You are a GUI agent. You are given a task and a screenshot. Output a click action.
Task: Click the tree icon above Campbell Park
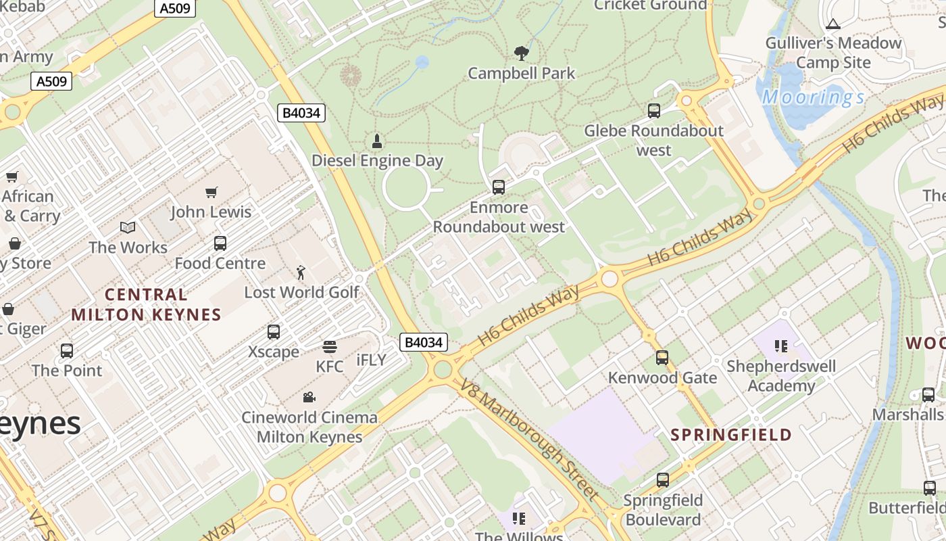click(521, 52)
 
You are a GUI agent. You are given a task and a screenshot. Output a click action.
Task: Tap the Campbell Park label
click(521, 73)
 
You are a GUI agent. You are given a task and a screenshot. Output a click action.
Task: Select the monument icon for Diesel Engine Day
click(377, 141)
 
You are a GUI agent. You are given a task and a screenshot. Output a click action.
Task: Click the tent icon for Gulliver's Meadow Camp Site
click(832, 24)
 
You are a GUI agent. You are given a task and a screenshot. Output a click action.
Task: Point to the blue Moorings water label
click(814, 97)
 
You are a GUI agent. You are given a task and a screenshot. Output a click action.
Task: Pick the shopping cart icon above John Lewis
click(211, 193)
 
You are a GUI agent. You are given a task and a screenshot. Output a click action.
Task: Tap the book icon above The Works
click(128, 228)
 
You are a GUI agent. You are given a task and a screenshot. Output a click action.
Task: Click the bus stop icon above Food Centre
click(220, 243)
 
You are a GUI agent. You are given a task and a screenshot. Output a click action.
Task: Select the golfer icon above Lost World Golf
click(301, 273)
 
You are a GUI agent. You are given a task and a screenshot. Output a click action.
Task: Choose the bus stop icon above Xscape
click(274, 332)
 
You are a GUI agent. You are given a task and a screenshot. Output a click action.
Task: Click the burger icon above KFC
click(330, 347)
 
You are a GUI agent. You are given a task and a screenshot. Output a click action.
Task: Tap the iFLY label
click(371, 360)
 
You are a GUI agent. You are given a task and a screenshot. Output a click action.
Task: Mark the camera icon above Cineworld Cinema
click(309, 397)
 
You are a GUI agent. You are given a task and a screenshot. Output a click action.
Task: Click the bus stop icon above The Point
click(67, 351)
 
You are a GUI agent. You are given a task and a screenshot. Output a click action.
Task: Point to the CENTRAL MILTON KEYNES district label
click(146, 304)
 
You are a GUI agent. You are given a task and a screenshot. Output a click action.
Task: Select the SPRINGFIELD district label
click(731, 435)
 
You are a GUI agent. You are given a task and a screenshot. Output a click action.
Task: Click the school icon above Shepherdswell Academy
click(781, 347)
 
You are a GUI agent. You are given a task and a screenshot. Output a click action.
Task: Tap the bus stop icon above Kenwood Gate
click(662, 358)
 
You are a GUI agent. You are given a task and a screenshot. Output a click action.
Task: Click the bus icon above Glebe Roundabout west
click(654, 111)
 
